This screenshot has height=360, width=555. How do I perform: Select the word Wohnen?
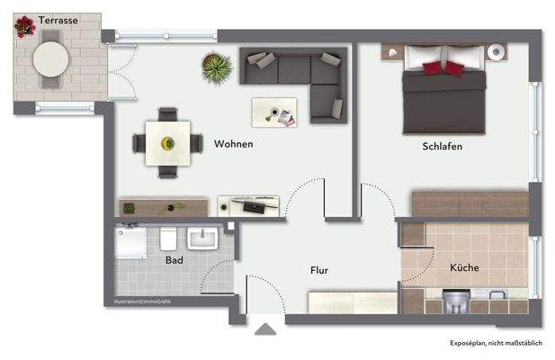pyautogui.click(x=233, y=144)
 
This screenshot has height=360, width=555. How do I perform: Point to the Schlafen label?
pyautogui.click(x=442, y=146)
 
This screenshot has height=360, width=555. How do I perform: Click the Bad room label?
pyautogui.click(x=175, y=260)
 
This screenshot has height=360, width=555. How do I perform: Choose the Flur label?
pyautogui.click(x=318, y=270)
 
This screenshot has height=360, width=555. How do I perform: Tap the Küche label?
pyautogui.click(x=464, y=268)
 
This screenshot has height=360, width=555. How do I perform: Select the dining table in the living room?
pyautogui.click(x=167, y=143)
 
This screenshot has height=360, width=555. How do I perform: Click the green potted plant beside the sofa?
pyautogui.click(x=217, y=67)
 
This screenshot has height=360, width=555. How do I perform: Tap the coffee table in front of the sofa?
pyautogui.click(x=275, y=112)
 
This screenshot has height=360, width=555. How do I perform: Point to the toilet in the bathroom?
pyautogui.click(x=167, y=240)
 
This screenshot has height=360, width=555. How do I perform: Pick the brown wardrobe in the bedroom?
pyautogui.click(x=470, y=203)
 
